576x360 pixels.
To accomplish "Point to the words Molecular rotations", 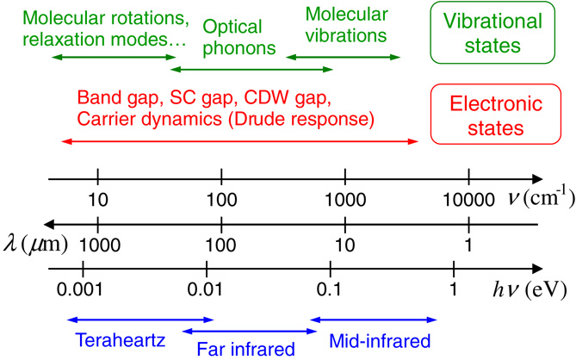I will click(x=94, y=17).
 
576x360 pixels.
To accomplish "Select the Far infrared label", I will click(x=247, y=349).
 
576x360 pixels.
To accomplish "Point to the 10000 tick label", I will click(x=468, y=200).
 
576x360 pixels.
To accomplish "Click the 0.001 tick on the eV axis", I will click(x=82, y=289).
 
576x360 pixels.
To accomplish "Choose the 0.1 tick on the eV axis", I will click(x=329, y=289).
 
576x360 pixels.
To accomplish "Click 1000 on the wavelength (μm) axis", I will click(x=99, y=244).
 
